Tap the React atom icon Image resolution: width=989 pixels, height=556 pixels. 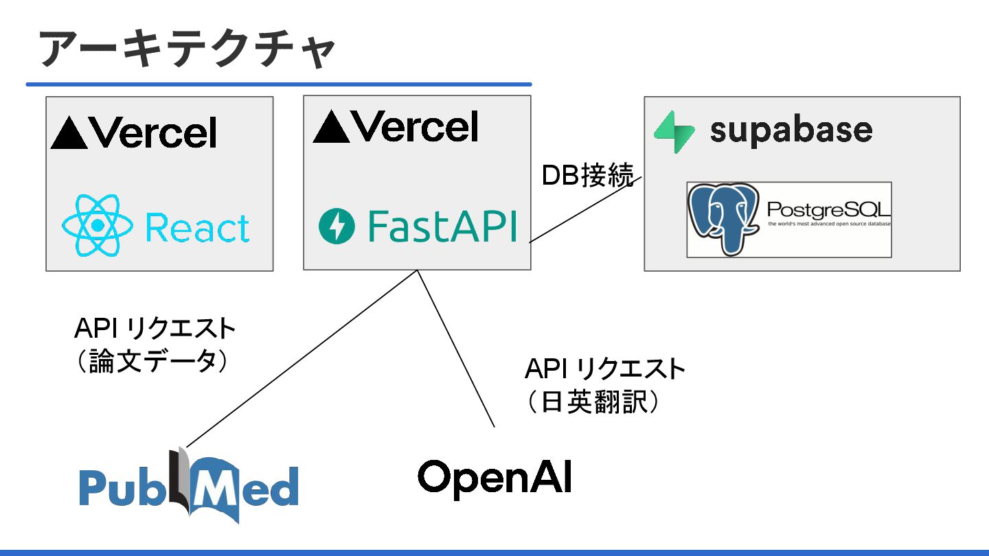pos(98,225)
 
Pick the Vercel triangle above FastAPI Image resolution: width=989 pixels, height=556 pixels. pos(330,128)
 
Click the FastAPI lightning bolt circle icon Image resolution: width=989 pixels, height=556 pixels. pos(337,227)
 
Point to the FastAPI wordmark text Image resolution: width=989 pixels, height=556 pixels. pos(441,227)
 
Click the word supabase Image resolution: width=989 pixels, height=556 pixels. pos(791,130)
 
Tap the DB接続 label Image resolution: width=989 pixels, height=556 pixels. pos(587,176)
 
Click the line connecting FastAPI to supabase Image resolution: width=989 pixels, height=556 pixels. pos(584,209)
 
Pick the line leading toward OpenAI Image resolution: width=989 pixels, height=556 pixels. pos(455,349)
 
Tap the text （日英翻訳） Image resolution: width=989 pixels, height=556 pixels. pos(591,402)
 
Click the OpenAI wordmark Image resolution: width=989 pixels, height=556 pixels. pos(494,477)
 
